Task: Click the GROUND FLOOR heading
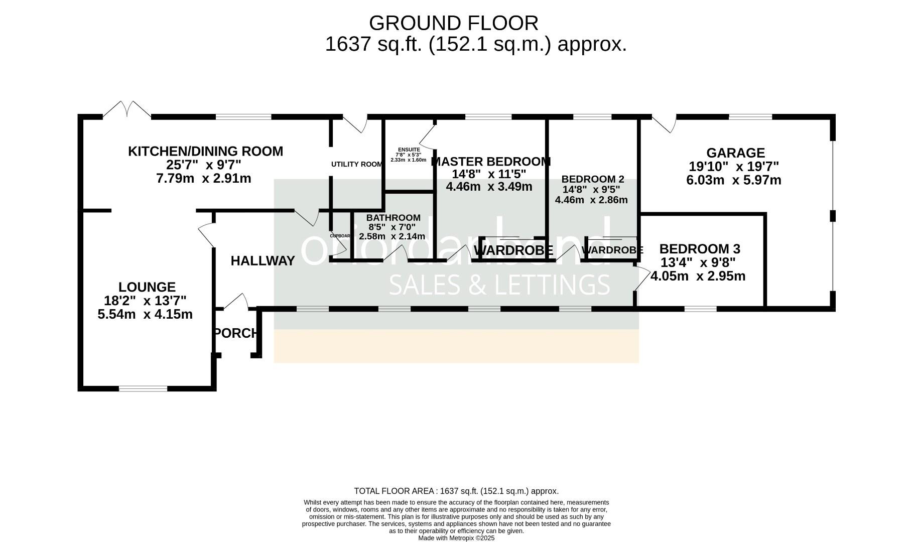[x=453, y=23]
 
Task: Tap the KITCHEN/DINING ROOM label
[x=205, y=151]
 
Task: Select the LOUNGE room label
[x=147, y=287]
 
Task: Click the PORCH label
[x=236, y=333]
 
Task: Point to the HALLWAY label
[x=263, y=261]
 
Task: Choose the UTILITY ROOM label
[x=357, y=164]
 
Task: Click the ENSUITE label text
[x=409, y=150]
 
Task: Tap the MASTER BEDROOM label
[x=490, y=162]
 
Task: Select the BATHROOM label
[x=393, y=218]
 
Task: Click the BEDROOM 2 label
[x=592, y=179]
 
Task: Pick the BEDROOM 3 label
[x=699, y=249]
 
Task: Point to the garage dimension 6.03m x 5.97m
[x=733, y=180]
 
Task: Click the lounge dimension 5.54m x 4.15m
[x=145, y=315]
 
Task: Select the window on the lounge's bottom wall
[x=143, y=388]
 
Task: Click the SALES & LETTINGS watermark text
[x=499, y=285]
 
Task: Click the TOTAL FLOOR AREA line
[x=456, y=491]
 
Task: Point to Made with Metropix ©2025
[x=456, y=538]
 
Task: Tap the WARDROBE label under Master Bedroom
[x=513, y=250]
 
